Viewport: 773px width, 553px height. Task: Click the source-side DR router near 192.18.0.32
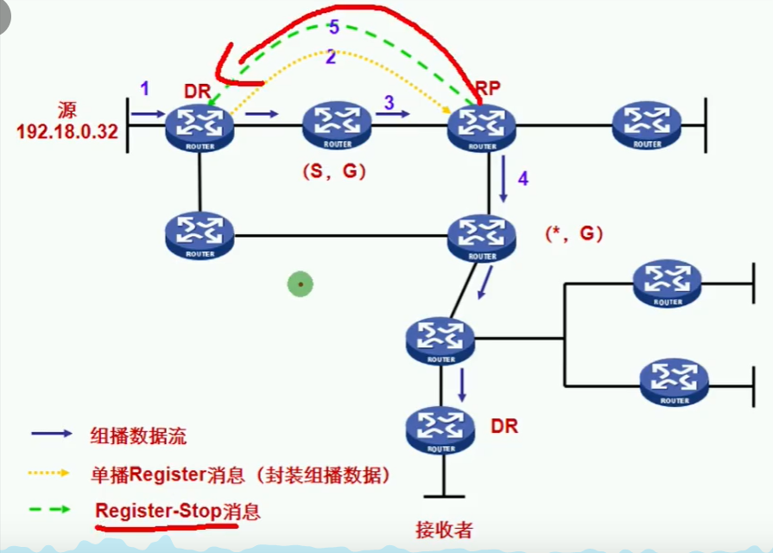click(x=200, y=127)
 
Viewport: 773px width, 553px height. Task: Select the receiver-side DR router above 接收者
click(x=440, y=429)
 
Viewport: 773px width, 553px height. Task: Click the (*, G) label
click(x=574, y=233)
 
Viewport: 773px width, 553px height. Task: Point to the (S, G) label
click(x=334, y=171)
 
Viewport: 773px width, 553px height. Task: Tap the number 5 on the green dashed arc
click(x=334, y=28)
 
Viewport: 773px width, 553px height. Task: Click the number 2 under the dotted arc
click(x=331, y=58)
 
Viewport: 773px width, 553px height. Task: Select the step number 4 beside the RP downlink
click(x=522, y=179)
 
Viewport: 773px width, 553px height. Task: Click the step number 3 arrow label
click(x=390, y=102)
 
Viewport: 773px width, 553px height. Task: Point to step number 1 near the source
click(x=145, y=88)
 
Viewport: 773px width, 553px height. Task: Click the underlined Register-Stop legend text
click(x=177, y=511)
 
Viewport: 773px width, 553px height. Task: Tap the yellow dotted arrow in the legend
click(x=51, y=474)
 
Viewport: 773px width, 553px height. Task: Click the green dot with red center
click(x=300, y=283)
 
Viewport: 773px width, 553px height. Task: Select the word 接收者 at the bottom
click(x=443, y=529)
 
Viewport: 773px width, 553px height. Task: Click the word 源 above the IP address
click(x=68, y=111)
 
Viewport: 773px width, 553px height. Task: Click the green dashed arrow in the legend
click(x=51, y=511)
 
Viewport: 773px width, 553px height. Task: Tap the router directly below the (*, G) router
click(x=440, y=340)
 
